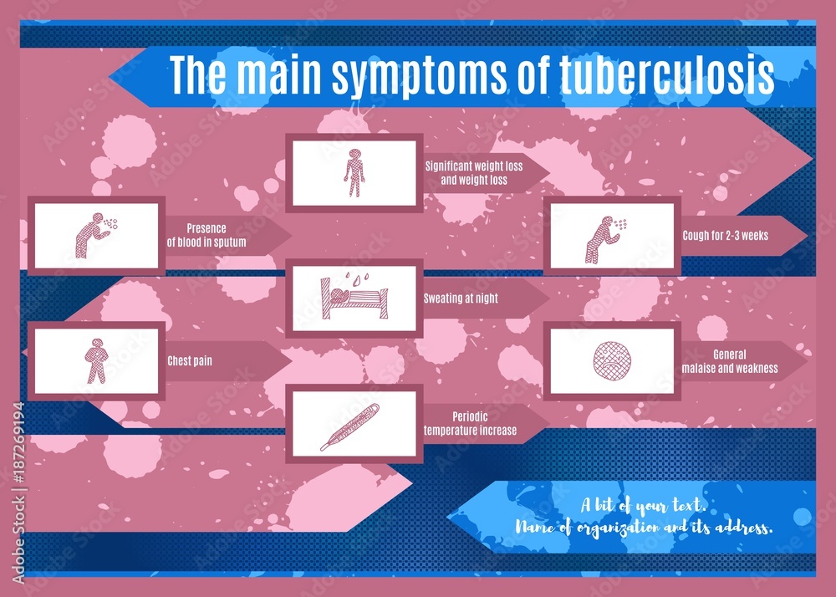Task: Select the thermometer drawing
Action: [x=350, y=426]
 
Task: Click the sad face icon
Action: [x=609, y=360]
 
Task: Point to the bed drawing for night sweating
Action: [x=353, y=298]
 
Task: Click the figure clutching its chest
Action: [x=96, y=360]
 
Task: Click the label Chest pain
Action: [x=190, y=361]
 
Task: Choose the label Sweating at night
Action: [x=461, y=298]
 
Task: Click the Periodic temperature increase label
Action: [x=470, y=424]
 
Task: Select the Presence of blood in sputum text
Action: [x=206, y=235]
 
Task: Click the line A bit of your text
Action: [x=645, y=506]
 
